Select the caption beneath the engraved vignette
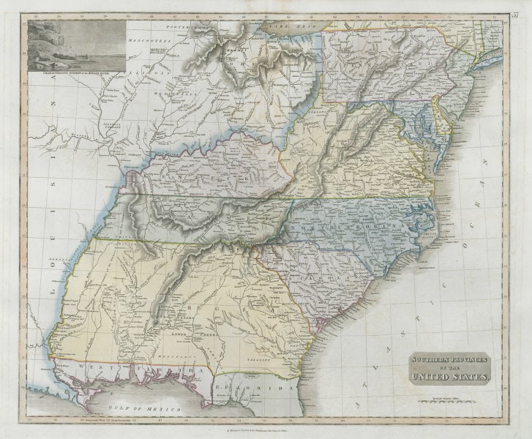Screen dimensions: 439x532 (75, 73)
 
